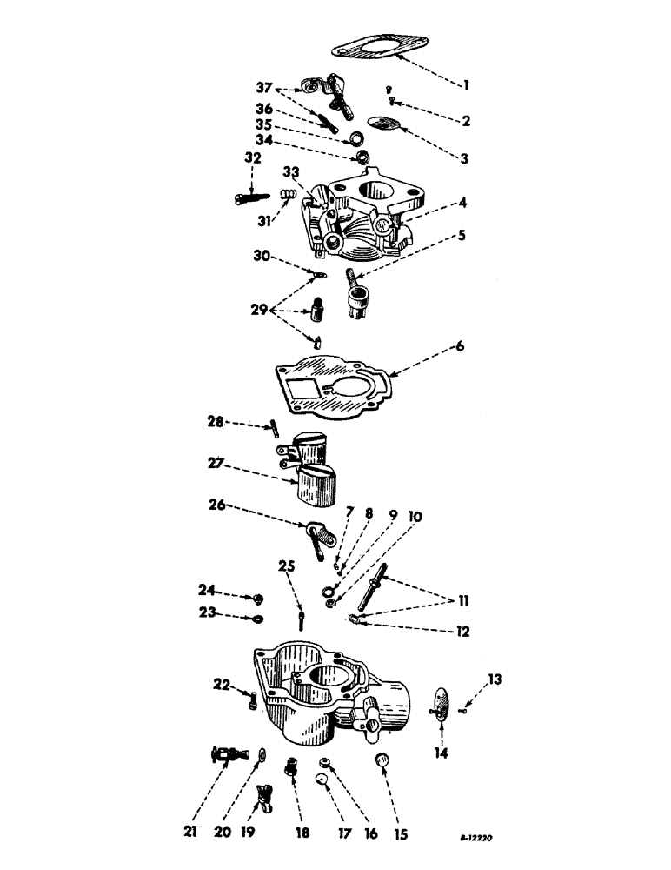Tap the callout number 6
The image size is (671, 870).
tap(459, 346)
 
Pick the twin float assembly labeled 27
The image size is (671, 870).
tap(314, 470)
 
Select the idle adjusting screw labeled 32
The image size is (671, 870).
tap(249, 198)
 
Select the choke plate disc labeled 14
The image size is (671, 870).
tap(442, 702)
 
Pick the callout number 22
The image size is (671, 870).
tap(223, 685)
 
